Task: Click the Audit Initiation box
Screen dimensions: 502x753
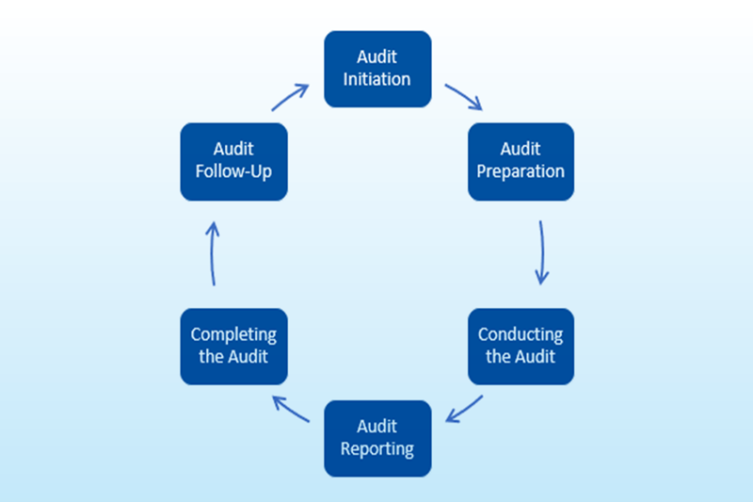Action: point(377,69)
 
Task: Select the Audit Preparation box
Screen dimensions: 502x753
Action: point(521,161)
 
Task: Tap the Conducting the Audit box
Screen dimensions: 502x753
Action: point(521,346)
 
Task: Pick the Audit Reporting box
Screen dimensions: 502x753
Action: point(377,438)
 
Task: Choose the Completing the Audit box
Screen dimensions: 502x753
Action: point(233,346)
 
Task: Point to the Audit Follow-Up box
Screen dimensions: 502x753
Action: point(233,161)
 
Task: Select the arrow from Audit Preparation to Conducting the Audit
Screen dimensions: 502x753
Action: point(541,252)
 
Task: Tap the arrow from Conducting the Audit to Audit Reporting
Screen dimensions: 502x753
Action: point(464,410)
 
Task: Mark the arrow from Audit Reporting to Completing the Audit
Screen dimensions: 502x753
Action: point(291,410)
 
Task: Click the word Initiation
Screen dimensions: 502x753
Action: point(377,79)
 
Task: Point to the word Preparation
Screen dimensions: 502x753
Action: point(521,171)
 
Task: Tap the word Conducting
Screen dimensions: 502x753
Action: point(521,335)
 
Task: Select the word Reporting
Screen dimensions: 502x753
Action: point(377,448)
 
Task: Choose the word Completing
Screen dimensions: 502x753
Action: point(233,335)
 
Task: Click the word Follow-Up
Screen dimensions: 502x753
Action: point(233,171)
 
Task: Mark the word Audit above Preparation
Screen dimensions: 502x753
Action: point(521,150)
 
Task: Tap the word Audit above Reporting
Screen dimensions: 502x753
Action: point(377,427)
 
